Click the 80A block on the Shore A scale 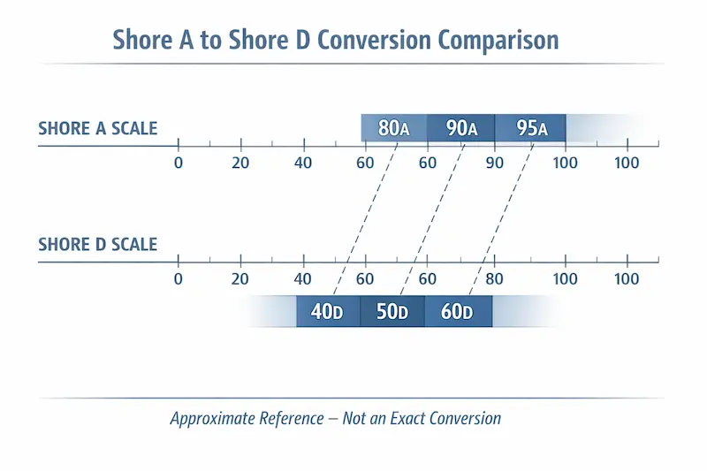click(393, 128)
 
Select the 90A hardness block click(460, 128)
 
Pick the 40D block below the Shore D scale click(327, 312)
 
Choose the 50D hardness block click(392, 312)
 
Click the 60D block click(457, 312)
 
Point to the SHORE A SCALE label click(97, 128)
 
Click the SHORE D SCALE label click(97, 243)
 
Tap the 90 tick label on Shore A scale click(493, 163)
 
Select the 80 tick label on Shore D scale click(493, 280)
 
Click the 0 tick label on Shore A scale click(178, 163)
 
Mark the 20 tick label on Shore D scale click(239, 280)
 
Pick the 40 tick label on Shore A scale click(303, 163)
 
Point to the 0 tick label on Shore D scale click(178, 280)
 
